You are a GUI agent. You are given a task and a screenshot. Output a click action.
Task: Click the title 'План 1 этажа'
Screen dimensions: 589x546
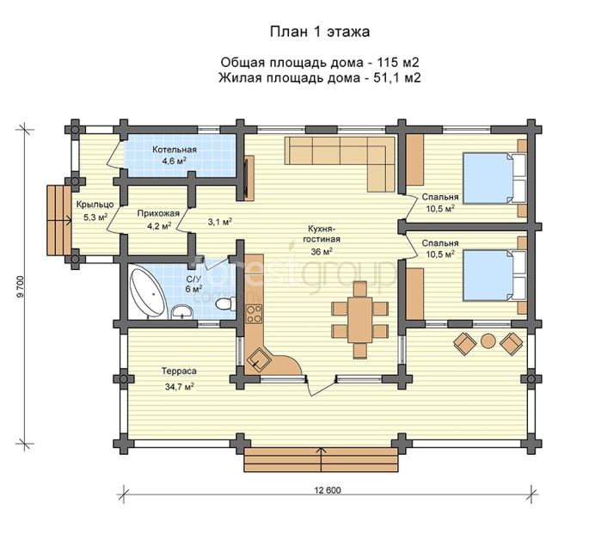(320, 32)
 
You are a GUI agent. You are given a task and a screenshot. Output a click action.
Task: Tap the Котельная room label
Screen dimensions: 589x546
(175, 150)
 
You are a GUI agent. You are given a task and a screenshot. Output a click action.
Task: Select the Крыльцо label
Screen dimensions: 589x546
(95, 205)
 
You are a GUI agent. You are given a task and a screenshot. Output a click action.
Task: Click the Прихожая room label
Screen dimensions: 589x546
(158, 213)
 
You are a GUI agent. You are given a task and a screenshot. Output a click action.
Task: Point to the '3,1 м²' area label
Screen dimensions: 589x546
(220, 222)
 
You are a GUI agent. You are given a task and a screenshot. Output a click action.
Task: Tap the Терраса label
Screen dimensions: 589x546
(179, 371)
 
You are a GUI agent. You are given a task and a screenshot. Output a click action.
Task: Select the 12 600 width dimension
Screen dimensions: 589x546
(328, 490)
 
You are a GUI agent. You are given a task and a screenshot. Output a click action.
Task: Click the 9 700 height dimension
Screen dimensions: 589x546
(21, 287)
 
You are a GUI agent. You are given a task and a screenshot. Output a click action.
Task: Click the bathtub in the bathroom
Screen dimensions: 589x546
(147, 291)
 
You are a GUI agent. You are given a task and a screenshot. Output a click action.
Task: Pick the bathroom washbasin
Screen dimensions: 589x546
(182, 312)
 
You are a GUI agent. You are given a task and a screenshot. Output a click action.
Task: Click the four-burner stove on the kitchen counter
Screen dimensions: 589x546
(254, 315)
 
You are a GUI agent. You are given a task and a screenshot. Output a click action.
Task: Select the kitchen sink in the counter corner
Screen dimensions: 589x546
(259, 359)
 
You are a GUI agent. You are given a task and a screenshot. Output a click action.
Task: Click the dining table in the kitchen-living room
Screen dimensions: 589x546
(360, 320)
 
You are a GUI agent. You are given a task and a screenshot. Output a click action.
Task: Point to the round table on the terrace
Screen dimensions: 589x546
(488, 341)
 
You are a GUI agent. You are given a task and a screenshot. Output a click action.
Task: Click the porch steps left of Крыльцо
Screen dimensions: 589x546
(59, 220)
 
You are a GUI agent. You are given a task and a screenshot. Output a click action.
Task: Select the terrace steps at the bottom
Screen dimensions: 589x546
(321, 460)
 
